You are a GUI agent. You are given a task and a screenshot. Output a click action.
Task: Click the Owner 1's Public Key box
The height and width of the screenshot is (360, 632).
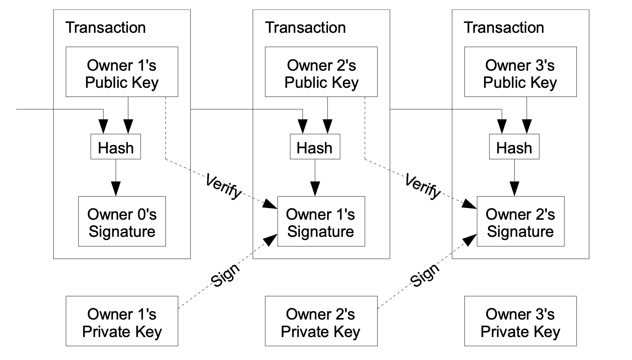[122, 72]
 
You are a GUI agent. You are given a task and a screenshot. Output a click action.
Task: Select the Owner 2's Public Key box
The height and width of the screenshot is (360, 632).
[321, 72]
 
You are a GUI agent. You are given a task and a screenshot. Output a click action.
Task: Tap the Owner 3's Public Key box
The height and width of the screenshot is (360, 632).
[520, 72]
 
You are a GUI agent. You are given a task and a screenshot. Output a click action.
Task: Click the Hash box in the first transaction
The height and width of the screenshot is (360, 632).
[116, 147]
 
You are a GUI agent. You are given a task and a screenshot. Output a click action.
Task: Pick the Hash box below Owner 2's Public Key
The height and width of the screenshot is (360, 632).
[315, 147]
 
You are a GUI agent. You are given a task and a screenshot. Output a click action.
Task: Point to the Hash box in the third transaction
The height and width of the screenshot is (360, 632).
[514, 147]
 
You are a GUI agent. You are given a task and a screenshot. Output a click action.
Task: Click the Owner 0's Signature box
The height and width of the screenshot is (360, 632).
[122, 222]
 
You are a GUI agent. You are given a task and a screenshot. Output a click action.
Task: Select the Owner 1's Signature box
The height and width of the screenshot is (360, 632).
[321, 222]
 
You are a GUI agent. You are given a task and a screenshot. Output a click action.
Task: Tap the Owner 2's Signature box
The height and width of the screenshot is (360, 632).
[520, 222]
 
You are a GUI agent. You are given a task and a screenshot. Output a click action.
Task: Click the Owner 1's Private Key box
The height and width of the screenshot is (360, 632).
[122, 321]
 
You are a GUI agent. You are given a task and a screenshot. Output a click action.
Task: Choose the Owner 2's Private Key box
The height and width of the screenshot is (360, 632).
[321, 321]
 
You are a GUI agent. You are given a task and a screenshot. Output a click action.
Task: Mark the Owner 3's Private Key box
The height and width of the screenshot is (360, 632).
[520, 321]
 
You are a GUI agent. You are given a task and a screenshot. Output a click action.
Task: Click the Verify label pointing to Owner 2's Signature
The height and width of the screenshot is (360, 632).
[423, 186]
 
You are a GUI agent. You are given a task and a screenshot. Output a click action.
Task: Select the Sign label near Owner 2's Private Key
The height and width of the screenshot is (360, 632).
[425, 274]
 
